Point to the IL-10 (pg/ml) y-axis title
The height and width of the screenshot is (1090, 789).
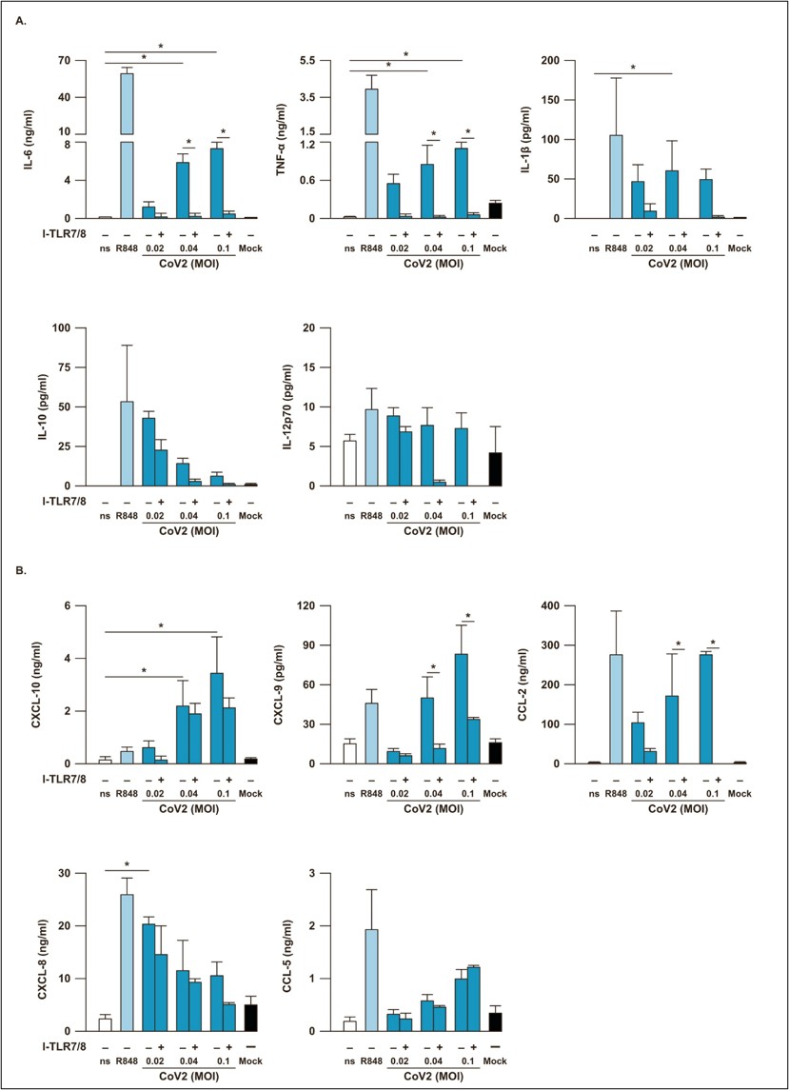click(x=38, y=406)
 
